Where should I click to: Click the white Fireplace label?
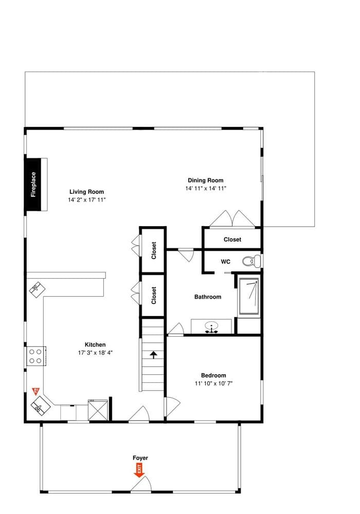coord(34,185)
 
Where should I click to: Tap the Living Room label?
coord(86,192)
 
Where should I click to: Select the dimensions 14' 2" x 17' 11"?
coord(86,199)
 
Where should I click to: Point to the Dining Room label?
coord(206,180)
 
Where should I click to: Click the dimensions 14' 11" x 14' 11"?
coord(206,189)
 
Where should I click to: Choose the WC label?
coord(225,262)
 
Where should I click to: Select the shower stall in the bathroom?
coord(249,297)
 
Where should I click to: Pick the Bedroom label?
coord(213,375)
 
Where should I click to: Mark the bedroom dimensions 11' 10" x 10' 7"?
coord(213,383)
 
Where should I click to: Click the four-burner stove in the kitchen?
coord(35,356)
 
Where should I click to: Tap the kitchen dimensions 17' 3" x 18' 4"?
coord(95,353)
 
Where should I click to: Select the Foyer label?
coord(140,457)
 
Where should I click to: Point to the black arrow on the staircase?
coord(153,355)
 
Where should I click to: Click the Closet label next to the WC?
coord(232,240)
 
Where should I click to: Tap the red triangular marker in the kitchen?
coord(36,391)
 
